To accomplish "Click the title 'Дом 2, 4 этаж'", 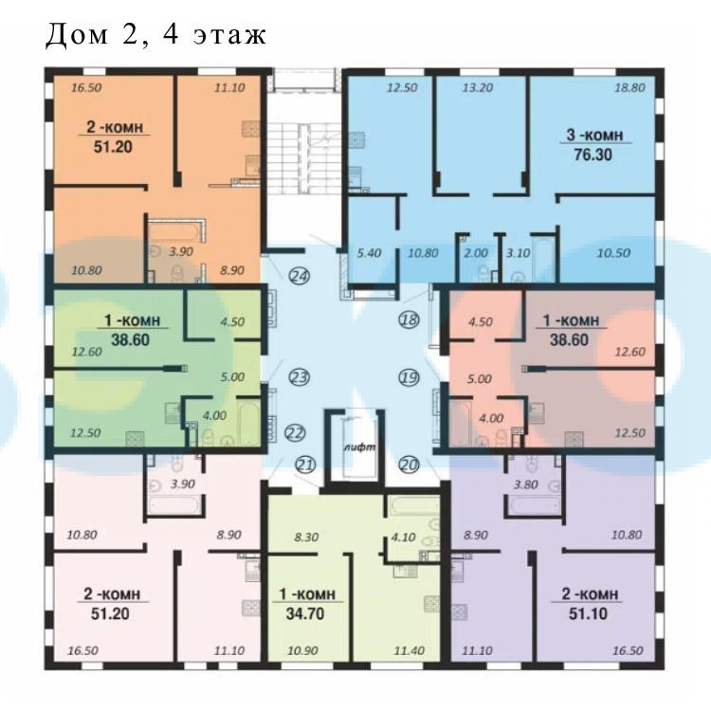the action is (x=155, y=35).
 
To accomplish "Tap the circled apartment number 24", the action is (x=300, y=276).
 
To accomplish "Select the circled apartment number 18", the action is (x=409, y=319).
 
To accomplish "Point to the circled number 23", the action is (x=300, y=377).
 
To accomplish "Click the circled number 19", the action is (x=409, y=377).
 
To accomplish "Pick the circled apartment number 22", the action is (x=295, y=433).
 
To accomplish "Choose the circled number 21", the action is (x=305, y=465).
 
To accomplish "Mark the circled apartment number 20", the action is (x=409, y=465).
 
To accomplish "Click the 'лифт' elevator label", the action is (x=360, y=447).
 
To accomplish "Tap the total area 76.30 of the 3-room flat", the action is (x=593, y=155).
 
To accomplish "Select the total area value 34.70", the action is (x=305, y=613).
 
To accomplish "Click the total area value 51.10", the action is (x=588, y=613).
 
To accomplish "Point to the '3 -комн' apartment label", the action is (x=595, y=135).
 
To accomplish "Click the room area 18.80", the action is (x=629, y=87).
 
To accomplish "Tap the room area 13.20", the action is (x=478, y=87).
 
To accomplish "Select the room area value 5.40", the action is (x=369, y=252).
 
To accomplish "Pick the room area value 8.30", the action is (x=306, y=538).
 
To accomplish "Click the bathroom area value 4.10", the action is (x=403, y=538).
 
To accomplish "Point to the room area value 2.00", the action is (x=476, y=252).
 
